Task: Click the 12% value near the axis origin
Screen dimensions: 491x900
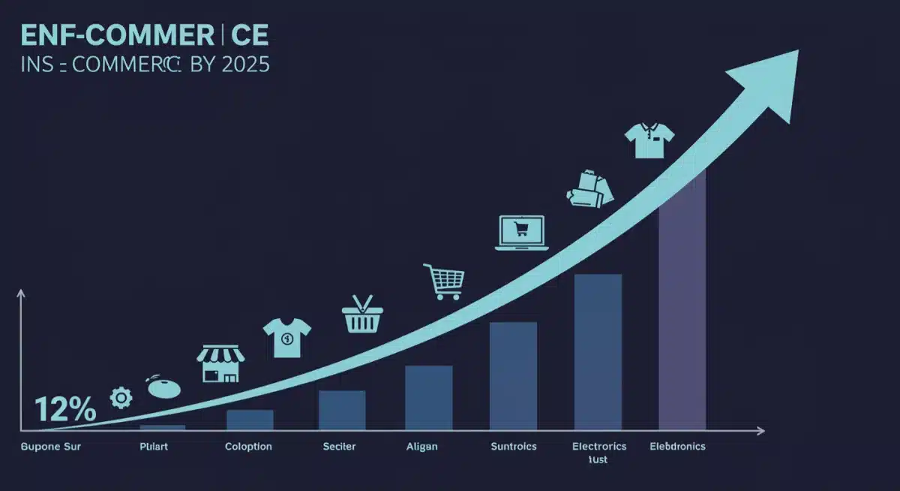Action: pyautogui.click(x=64, y=410)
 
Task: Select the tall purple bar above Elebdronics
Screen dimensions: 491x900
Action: pyautogui.click(x=682, y=300)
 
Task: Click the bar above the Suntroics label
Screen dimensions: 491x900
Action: pyautogui.click(x=513, y=375)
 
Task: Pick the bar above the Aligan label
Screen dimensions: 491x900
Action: pyautogui.click(x=428, y=397)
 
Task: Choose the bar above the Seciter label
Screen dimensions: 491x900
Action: pyautogui.click(x=342, y=410)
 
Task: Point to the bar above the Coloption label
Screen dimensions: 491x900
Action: pyautogui.click(x=250, y=420)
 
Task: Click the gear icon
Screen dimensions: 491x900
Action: pyautogui.click(x=120, y=397)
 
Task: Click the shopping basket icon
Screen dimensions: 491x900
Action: pyautogui.click(x=363, y=315)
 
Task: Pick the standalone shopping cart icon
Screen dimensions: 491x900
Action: pyautogui.click(x=444, y=282)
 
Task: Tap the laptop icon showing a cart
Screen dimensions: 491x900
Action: pyautogui.click(x=521, y=233)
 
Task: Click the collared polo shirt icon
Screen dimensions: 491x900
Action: pyautogui.click(x=649, y=141)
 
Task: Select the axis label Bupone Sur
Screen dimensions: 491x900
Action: pyautogui.click(x=51, y=447)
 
